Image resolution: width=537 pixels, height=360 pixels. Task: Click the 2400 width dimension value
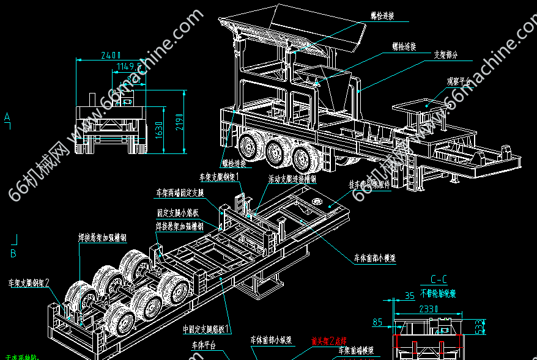(111, 54)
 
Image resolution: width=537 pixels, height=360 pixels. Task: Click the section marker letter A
(7, 116)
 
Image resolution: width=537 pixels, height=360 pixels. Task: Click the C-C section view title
(438, 280)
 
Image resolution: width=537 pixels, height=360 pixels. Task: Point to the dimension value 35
(409, 296)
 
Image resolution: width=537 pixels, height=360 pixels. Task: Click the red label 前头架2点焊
(329, 340)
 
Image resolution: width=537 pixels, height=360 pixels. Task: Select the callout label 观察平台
(459, 80)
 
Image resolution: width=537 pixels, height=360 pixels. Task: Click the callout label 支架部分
(445, 54)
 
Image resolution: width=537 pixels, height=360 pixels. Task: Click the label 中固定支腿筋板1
(207, 329)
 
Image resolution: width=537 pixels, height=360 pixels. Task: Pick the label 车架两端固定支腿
(179, 193)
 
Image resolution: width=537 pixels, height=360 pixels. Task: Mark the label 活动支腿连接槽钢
(292, 180)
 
